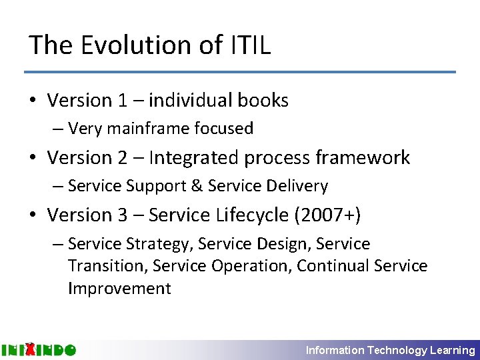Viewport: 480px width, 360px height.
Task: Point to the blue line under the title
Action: click(240, 72)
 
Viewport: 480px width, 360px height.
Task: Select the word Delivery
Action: click(297, 186)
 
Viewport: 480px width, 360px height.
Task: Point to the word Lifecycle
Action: click(240, 215)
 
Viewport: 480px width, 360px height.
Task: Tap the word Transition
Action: click(107, 266)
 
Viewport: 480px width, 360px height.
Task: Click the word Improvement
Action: click(119, 288)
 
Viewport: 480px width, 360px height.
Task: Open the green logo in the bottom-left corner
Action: click(39, 349)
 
